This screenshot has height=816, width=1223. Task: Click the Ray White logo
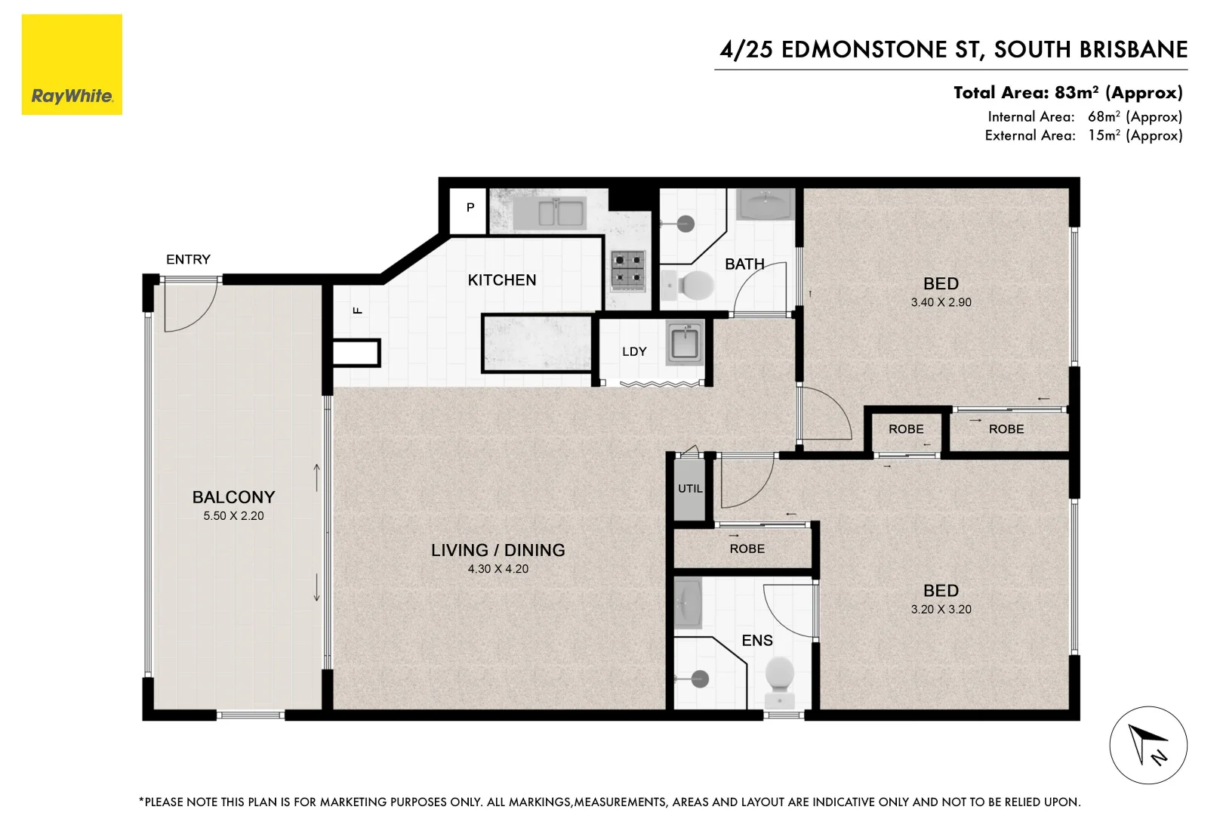(x=72, y=65)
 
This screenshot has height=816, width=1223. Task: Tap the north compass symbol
(x=1148, y=746)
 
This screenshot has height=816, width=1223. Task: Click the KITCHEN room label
(x=501, y=280)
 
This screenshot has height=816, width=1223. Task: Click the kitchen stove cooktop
(x=628, y=270)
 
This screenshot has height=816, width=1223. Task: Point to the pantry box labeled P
(x=470, y=208)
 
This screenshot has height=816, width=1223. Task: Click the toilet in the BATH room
(x=694, y=286)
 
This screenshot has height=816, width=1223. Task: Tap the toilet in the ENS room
(x=779, y=674)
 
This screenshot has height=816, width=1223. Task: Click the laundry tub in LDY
(x=685, y=342)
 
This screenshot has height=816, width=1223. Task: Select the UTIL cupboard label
(x=690, y=489)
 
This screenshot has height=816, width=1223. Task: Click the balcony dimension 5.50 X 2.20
(x=233, y=516)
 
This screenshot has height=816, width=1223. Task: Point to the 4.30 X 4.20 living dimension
(x=498, y=569)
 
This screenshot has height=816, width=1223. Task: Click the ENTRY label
(x=188, y=259)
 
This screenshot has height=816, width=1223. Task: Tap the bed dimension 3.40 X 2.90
(x=941, y=302)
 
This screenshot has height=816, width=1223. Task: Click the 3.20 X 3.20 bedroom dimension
(x=941, y=609)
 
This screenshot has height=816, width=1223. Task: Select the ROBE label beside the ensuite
(x=747, y=549)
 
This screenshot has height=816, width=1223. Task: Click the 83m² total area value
(x=1077, y=93)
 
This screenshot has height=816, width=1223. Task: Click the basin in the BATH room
(x=764, y=204)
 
